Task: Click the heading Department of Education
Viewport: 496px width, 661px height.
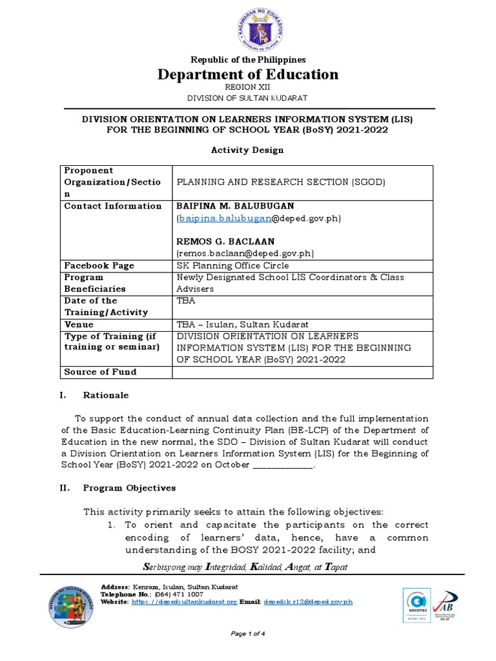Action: pos(248,74)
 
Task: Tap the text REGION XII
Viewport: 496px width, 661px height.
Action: pos(247,86)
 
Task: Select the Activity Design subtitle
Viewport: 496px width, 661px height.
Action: pos(247,150)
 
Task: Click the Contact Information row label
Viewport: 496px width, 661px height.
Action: pos(113,206)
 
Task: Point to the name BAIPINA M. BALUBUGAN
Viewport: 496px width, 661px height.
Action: pos(235,206)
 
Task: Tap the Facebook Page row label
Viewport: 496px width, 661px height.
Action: pos(99,265)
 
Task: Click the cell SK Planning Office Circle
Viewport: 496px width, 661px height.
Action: pos(233,265)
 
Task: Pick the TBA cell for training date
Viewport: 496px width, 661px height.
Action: pos(185,301)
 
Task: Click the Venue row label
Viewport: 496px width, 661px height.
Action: pos(79,324)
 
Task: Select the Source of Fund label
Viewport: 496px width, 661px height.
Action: pos(100,372)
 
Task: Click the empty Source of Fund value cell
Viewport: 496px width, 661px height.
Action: pos(302,372)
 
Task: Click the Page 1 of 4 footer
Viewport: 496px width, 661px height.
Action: pos(248,634)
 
